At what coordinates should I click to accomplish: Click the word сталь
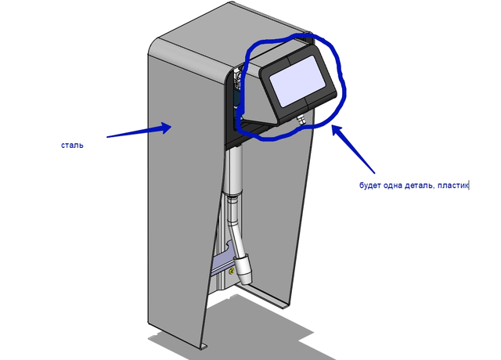pyautogui.click(x=72, y=146)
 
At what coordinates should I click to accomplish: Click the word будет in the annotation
pyautogui.click(x=369, y=185)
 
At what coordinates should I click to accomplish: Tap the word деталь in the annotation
pyautogui.click(x=420, y=185)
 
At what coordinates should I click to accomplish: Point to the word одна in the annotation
pyautogui.click(x=392, y=185)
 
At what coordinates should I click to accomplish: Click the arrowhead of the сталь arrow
pyautogui.click(x=167, y=128)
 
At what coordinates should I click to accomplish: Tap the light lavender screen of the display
pyautogui.click(x=297, y=81)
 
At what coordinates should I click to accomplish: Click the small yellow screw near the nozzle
pyautogui.click(x=232, y=272)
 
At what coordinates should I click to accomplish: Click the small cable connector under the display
pyautogui.click(x=301, y=120)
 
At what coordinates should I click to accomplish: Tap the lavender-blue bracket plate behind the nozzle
pyautogui.click(x=222, y=261)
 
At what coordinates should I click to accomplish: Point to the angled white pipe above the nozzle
pyautogui.click(x=236, y=225)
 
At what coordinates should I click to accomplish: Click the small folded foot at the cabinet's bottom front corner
pyautogui.click(x=204, y=347)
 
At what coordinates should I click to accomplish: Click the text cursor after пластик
pyautogui.click(x=468, y=185)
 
